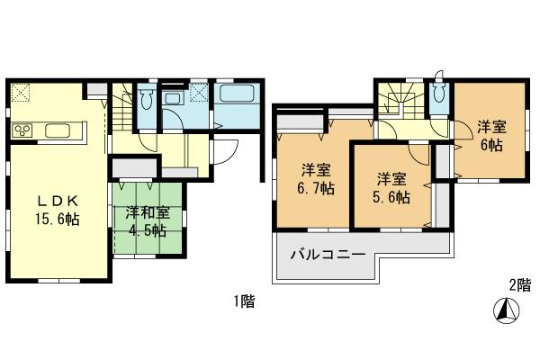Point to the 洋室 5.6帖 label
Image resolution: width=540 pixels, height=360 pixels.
387,187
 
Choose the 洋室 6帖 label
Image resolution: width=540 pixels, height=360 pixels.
490,136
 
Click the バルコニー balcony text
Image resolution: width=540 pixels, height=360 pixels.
327,256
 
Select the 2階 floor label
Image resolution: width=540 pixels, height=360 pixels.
519,285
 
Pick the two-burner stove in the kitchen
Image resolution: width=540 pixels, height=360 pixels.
23,131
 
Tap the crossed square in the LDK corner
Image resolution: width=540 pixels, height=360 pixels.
22,93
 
